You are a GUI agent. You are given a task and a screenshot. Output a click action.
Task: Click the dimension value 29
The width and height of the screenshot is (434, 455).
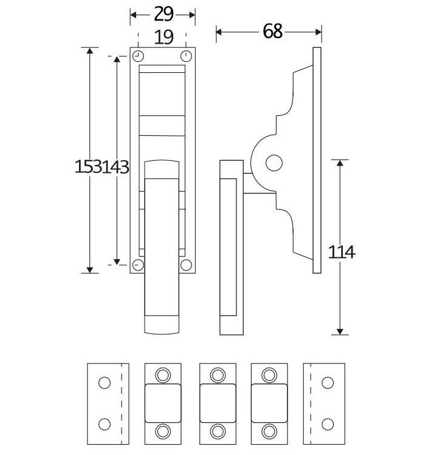pos(162,14)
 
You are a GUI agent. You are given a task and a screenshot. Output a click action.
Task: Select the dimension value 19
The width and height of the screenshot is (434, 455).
pos(162,38)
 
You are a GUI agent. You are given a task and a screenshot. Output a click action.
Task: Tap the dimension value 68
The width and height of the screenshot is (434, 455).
pos(273,31)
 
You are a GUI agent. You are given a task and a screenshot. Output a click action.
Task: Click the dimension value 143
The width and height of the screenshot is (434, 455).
pos(115,167)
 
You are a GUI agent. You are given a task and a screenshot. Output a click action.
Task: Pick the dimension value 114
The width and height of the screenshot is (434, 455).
pos(341,252)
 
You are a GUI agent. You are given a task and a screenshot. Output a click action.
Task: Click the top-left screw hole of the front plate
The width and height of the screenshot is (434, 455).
pos(137,56)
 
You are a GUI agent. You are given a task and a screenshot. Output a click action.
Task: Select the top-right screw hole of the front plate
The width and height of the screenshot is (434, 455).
pos(186,56)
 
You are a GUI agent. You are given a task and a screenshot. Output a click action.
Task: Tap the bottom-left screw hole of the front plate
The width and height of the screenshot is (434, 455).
pos(137,265)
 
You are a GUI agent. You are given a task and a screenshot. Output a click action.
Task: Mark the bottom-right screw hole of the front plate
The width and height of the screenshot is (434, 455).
pos(186,265)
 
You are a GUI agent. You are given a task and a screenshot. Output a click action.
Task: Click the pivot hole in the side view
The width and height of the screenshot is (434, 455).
pos(275,162)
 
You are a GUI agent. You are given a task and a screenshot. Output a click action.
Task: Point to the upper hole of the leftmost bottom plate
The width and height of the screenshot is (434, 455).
pos(104,383)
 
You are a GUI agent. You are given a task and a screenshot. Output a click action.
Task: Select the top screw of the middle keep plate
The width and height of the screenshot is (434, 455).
pos(218,374)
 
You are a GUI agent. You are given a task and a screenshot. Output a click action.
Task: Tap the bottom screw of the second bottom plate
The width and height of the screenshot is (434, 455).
pos(163,430)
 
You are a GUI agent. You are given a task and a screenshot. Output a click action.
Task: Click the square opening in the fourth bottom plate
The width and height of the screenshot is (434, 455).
pos(268,402)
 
